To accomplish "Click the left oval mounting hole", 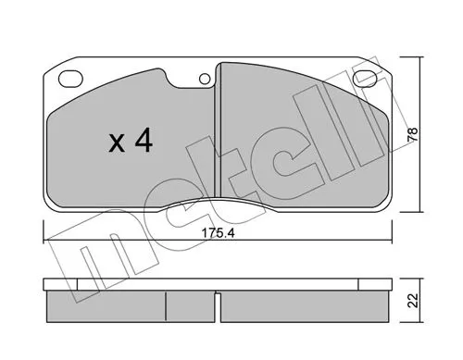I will (x=69, y=79).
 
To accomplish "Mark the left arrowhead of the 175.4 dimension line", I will (x=46, y=242).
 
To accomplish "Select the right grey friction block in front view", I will (x=296, y=139).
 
